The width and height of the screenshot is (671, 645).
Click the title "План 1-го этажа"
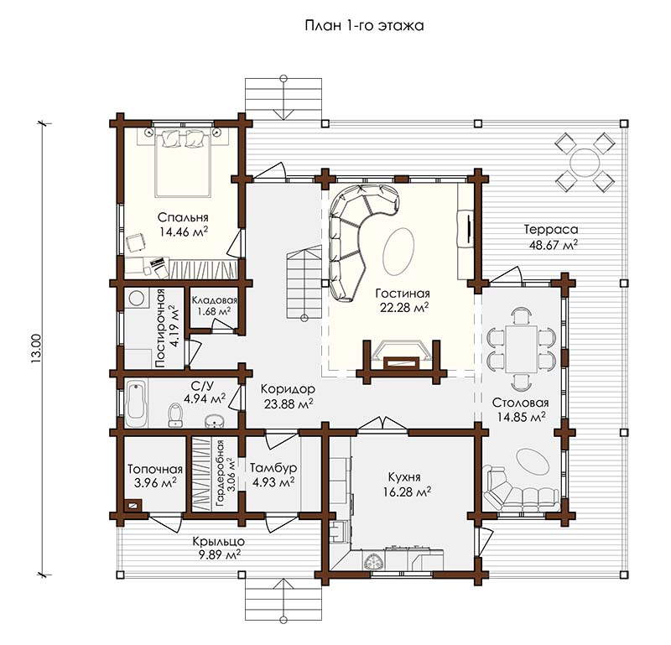tap(364, 26)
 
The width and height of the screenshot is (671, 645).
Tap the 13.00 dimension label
tap(36, 349)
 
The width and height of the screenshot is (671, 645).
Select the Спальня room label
tap(183, 217)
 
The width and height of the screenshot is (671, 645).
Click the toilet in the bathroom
tap(175, 414)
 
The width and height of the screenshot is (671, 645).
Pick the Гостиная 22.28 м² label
tap(403, 300)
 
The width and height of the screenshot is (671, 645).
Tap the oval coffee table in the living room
tap(398, 252)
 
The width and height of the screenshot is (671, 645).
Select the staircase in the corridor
tap(304, 283)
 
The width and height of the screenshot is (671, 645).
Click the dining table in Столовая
tap(521, 349)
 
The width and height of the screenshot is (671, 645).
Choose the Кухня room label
tap(404, 476)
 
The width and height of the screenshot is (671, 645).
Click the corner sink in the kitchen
tap(374, 560)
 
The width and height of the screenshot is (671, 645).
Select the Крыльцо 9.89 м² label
tap(219, 549)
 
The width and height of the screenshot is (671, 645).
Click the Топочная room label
tap(155, 469)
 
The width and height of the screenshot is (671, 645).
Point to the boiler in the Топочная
tap(133, 505)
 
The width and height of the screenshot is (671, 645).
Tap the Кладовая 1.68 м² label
tap(215, 306)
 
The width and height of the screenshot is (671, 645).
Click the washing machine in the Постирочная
tap(137, 299)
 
